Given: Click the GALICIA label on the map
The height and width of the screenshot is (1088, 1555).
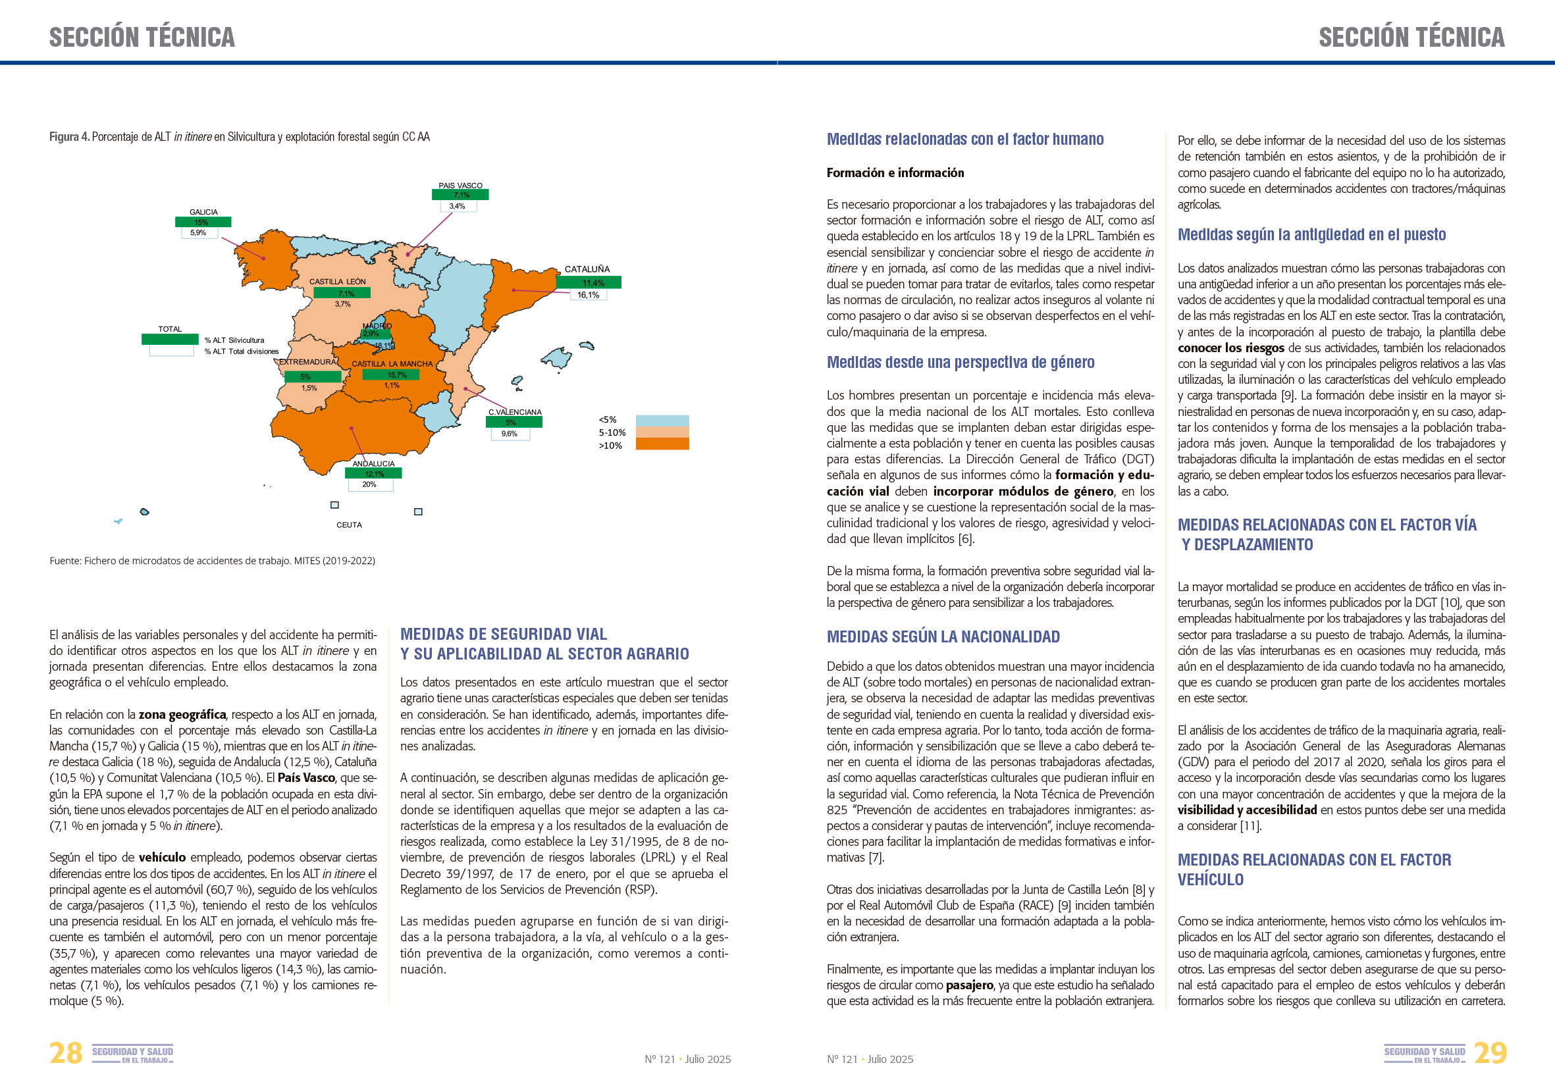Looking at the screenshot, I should pos(203,212).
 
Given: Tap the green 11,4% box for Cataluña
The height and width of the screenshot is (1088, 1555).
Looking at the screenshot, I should pos(589,283).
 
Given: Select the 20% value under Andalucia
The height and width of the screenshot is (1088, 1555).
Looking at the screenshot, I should pos(370,484).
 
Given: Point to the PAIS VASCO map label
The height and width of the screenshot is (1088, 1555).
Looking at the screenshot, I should pos(461,186).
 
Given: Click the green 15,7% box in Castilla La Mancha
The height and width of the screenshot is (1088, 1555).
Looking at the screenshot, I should pos(391,375).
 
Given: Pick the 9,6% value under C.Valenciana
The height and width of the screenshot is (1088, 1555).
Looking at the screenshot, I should pos(510,434).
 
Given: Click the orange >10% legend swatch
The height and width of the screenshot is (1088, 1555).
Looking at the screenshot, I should pos(662,444).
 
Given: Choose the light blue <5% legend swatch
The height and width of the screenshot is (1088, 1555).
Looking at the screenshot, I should pos(662,421).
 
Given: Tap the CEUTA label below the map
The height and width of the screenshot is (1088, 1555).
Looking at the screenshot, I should pos(349,525).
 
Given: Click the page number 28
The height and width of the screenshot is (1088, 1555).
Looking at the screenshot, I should pos(66,1054).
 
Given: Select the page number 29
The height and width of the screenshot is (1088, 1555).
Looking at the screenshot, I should pos(1490,1054).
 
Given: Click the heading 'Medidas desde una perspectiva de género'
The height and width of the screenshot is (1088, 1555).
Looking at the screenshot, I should pos(960,362).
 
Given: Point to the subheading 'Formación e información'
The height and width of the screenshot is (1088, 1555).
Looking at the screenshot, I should pos(895,172).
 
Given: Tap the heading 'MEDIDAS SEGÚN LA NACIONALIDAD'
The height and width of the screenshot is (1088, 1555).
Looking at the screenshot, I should pos(943,636).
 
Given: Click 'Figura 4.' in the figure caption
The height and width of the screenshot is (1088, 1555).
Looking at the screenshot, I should pos(69,137).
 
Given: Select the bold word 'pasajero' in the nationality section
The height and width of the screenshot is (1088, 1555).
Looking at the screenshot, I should pos(969,985).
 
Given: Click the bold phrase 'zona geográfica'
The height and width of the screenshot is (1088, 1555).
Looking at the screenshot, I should pos(182,714).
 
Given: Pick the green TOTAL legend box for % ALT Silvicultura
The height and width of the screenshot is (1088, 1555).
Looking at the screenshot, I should pos(169,339).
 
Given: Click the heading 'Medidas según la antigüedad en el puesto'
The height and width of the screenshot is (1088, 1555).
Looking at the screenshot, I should pos(1311,234).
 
